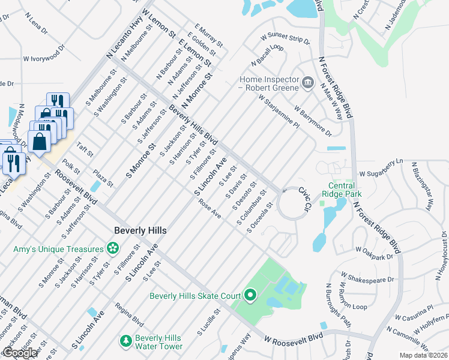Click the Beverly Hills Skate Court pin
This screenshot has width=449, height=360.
click(250, 295)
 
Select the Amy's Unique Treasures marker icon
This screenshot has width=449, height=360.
click(112, 248)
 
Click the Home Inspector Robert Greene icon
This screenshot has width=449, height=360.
click(307, 82)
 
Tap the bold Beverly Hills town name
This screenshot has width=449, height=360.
click(140, 230)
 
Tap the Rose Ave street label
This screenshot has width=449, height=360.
click(210, 209)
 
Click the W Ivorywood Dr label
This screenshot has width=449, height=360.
click(44, 59)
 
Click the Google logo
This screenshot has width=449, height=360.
click(20, 353)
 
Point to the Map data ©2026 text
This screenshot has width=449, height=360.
click(423, 355)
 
